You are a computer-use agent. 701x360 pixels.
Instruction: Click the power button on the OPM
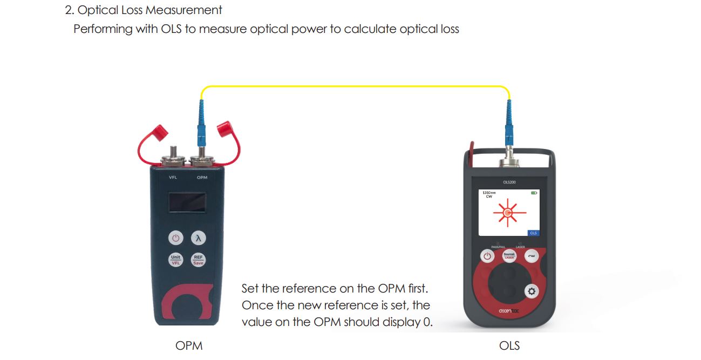[175, 237]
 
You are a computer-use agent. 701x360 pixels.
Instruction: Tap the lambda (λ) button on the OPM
[198, 237]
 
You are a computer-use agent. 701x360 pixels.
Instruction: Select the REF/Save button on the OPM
[198, 260]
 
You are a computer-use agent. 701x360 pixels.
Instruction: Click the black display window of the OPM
[187, 203]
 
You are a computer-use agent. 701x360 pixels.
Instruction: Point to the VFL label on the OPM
[173, 177]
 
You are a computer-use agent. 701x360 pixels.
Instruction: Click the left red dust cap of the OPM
[160, 131]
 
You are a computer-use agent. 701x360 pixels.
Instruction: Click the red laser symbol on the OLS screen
[508, 213]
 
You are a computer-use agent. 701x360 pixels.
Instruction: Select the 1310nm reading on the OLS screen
[489, 192]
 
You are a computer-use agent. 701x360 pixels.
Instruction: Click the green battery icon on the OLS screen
[534, 193]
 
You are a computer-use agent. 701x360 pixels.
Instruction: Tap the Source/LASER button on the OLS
[509, 255]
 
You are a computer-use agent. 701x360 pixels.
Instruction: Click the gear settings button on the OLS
[532, 291]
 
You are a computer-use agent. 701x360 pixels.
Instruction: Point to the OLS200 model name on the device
[509, 182]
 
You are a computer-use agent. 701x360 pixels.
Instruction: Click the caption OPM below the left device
[189, 345]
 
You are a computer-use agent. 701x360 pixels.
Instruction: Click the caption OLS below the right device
[509, 345]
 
